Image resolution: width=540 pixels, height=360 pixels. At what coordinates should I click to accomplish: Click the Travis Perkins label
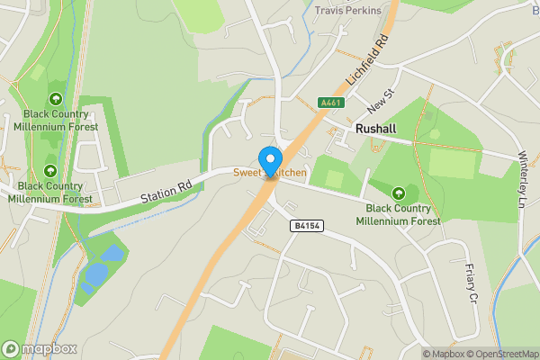click(347, 11)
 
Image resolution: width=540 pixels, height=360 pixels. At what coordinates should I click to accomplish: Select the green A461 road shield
click(330, 103)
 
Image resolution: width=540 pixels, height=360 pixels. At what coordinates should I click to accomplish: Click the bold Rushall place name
click(375, 130)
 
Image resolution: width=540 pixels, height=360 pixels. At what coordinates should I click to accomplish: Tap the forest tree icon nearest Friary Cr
click(399, 192)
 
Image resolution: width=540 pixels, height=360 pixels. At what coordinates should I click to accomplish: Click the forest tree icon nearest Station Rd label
click(50, 170)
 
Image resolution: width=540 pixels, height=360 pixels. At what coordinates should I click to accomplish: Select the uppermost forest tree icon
click(56, 99)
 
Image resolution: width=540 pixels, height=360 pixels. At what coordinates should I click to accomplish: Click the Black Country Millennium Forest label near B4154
click(398, 214)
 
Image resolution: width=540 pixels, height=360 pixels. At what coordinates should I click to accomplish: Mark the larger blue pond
click(92, 274)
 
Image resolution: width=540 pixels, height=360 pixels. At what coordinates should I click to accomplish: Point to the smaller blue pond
click(112, 253)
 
